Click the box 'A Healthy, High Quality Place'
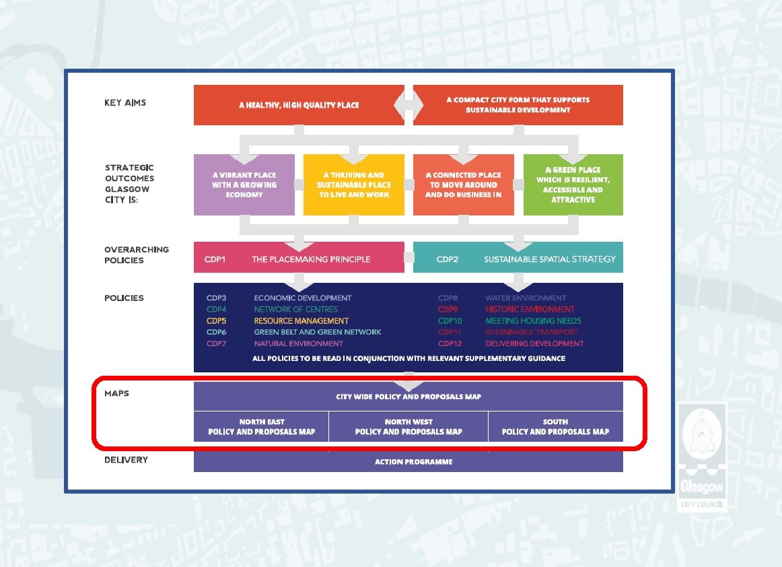coord(299,105)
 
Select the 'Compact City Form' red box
coord(518,105)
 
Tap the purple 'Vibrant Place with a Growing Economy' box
coord(244,185)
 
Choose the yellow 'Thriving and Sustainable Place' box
coord(354,185)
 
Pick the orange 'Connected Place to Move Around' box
coord(463,185)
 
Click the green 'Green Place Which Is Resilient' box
coord(573,185)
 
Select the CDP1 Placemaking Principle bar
coord(299,259)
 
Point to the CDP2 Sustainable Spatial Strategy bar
coord(518,259)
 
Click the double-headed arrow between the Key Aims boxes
coord(408,105)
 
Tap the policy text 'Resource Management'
coord(301,321)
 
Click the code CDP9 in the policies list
coord(450,310)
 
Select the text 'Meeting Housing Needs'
coord(533,321)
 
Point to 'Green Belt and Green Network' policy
coord(317,332)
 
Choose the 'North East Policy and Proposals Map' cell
coord(261,427)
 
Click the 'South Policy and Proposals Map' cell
coord(555,427)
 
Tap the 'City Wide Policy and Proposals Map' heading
coord(408,397)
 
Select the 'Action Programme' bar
coord(408,462)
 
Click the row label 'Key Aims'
coord(125,103)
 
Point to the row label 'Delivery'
coord(126,460)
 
